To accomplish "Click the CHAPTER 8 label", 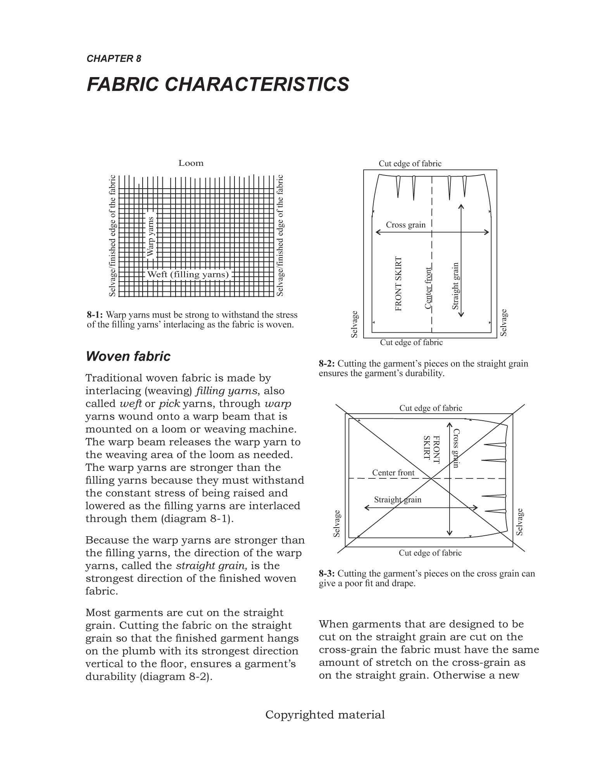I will (x=114, y=59).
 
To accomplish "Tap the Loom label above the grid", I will (x=191, y=163).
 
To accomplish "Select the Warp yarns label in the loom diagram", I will (x=151, y=236).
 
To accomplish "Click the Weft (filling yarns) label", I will (x=188, y=275).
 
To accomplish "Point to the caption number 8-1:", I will (x=95, y=315).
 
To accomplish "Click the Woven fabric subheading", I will (x=128, y=356).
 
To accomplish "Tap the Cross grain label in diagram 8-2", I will (x=405, y=225).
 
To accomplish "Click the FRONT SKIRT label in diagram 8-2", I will (x=398, y=284).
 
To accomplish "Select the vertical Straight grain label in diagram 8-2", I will (x=455, y=286).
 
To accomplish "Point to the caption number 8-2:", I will (x=327, y=364).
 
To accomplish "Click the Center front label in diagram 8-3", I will (x=393, y=473).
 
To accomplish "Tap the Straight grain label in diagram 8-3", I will (x=397, y=500).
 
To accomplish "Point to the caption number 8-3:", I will (x=327, y=574).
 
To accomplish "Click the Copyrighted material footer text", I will (x=325, y=715).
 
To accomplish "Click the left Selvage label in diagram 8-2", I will (x=354, y=324).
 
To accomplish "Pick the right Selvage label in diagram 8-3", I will (x=520, y=522).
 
